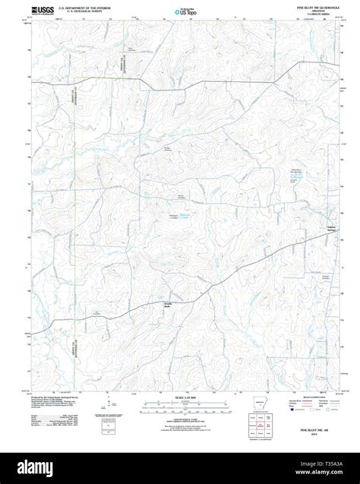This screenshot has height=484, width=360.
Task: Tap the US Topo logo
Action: pos(179,11)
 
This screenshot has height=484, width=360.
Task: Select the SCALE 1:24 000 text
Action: pos(179,398)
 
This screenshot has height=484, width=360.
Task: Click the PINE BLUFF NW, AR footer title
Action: pos(311,429)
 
